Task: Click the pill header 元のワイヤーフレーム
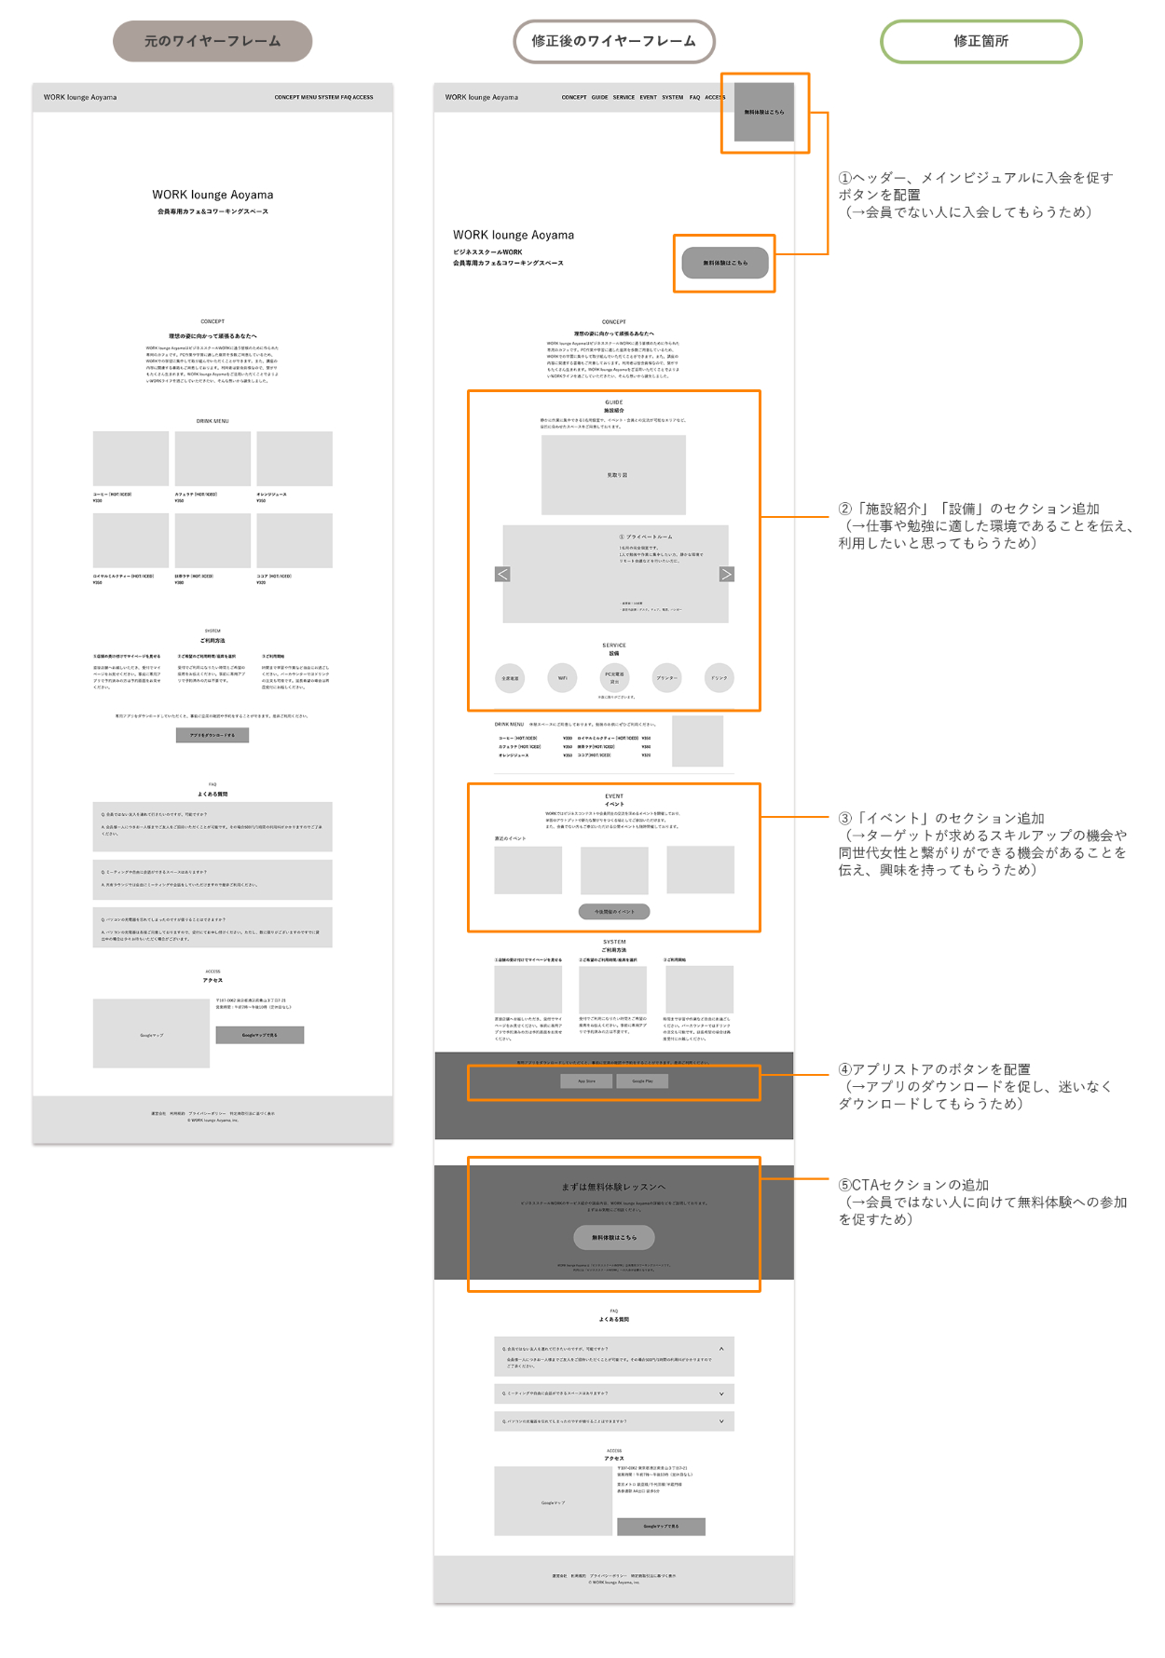point(212,41)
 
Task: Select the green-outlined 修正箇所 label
point(980,41)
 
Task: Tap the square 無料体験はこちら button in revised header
point(764,112)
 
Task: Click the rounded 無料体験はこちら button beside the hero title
point(725,263)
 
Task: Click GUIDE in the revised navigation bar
point(599,97)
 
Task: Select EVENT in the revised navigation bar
point(648,97)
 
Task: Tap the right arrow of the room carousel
point(726,575)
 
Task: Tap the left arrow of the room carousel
point(502,575)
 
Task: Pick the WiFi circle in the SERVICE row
point(563,677)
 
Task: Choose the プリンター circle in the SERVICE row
point(666,677)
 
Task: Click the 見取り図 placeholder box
point(614,475)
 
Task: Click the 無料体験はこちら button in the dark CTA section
point(614,1237)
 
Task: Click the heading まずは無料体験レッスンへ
point(614,1187)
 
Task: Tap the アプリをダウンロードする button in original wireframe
point(212,735)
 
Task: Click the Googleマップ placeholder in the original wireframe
point(151,1034)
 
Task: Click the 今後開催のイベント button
point(614,911)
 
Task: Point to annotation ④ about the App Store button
point(974,1086)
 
